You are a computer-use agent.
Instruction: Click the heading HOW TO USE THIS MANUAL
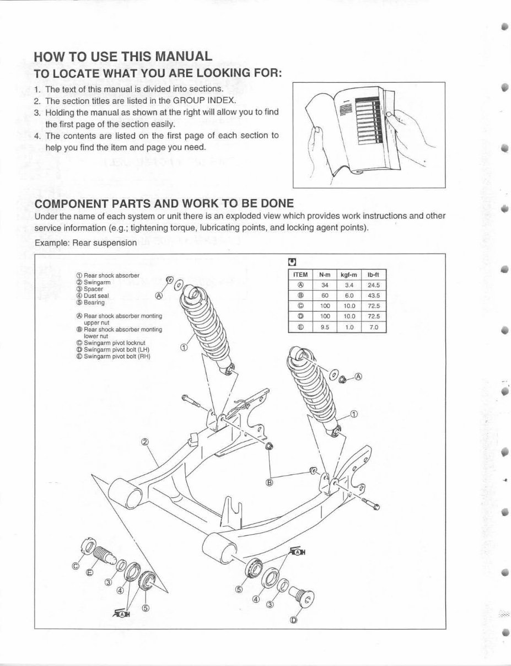click(x=122, y=56)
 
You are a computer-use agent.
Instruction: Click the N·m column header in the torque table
click(x=324, y=275)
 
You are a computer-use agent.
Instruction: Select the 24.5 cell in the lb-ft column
click(x=374, y=285)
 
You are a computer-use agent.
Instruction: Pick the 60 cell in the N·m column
click(x=324, y=295)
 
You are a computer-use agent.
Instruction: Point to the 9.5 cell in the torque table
click(x=324, y=326)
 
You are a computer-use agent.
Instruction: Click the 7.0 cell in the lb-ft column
click(x=374, y=326)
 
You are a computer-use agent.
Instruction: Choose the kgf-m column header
click(x=349, y=275)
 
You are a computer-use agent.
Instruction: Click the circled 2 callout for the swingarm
click(x=145, y=442)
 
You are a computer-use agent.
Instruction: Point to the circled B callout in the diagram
click(x=270, y=482)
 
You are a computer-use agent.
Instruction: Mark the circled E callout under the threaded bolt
click(x=90, y=572)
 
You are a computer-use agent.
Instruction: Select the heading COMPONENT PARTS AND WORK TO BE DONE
click(x=164, y=202)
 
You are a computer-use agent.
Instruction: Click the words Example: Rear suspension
click(x=85, y=242)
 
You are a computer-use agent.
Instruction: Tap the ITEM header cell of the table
click(x=300, y=275)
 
